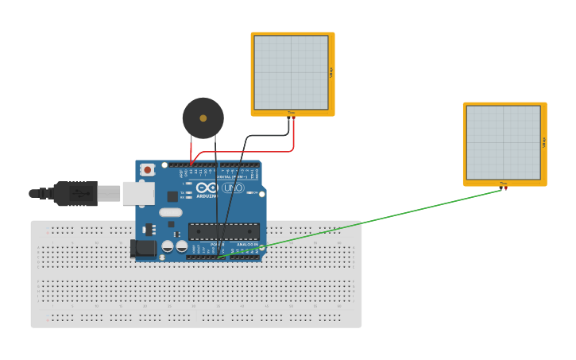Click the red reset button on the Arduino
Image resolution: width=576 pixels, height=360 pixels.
[x=147, y=169]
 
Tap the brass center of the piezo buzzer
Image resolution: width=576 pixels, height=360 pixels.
[x=203, y=118]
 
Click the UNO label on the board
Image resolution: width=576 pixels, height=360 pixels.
[x=233, y=188]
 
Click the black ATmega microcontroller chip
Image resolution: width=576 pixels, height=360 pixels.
[x=223, y=231]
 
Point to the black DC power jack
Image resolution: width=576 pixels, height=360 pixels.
[x=143, y=248]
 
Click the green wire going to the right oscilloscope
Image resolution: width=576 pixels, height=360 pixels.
[x=381, y=219]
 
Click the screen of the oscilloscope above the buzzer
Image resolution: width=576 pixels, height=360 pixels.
[x=291, y=72]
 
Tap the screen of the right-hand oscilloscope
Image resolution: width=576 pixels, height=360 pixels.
[x=503, y=142]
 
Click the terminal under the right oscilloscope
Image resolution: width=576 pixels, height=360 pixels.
[x=504, y=187]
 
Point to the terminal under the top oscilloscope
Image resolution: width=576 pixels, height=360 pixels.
[x=291, y=116]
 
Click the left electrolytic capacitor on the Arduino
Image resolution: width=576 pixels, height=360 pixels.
[x=168, y=246]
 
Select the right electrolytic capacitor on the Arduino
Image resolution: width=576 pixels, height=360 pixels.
[x=181, y=246]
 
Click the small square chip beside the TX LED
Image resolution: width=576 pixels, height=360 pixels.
[x=172, y=196]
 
